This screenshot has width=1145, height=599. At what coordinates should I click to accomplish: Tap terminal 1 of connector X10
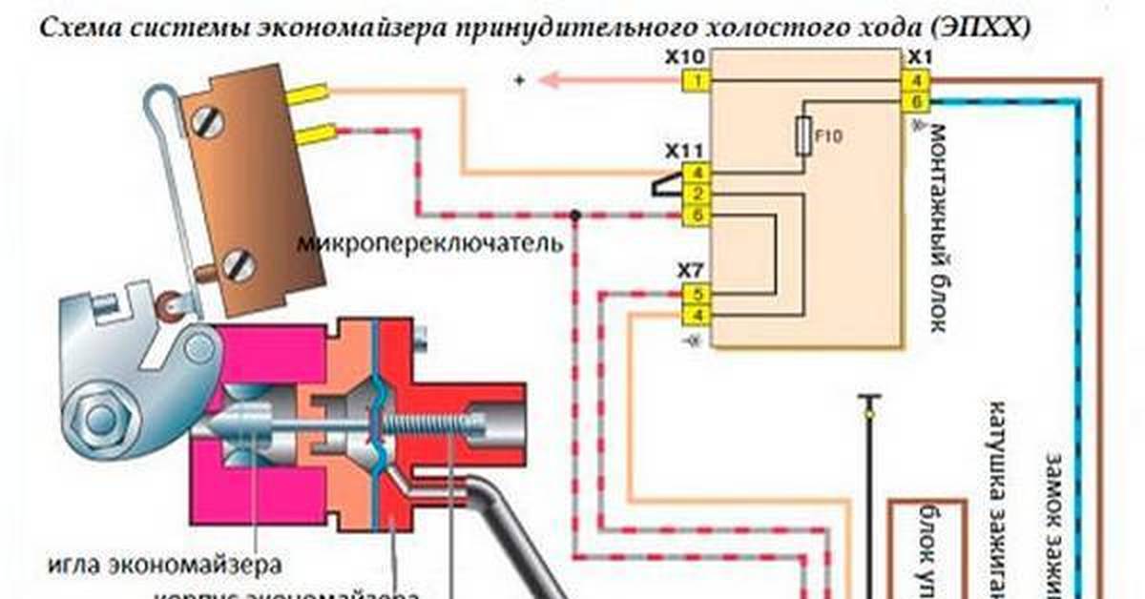[697, 81]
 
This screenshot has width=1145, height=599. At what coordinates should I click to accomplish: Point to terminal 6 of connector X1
[916, 101]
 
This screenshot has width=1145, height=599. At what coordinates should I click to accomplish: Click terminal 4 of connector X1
[916, 81]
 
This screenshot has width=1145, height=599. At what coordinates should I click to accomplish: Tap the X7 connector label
[691, 272]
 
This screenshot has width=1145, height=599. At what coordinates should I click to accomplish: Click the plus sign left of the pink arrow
[520, 82]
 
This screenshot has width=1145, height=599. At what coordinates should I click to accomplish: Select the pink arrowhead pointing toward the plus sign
[549, 81]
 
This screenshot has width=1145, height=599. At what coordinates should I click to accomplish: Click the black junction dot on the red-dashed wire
[574, 217]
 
